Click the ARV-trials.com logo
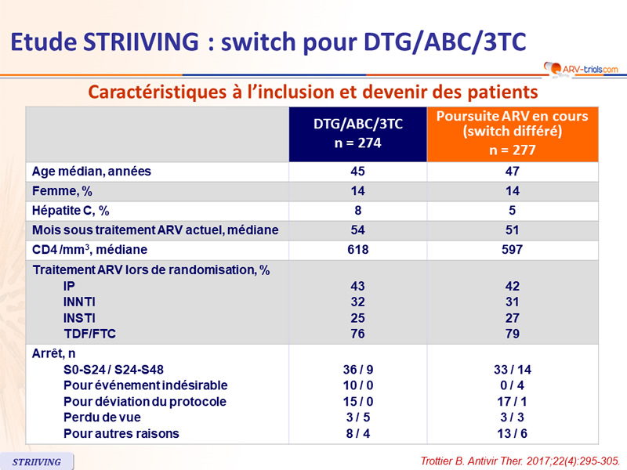(x=579, y=70)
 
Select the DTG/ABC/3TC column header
(x=358, y=132)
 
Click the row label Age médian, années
(x=92, y=172)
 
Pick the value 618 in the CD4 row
(x=358, y=250)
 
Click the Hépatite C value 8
(x=358, y=211)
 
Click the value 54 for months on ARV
(x=358, y=230)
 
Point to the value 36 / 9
(x=358, y=370)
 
